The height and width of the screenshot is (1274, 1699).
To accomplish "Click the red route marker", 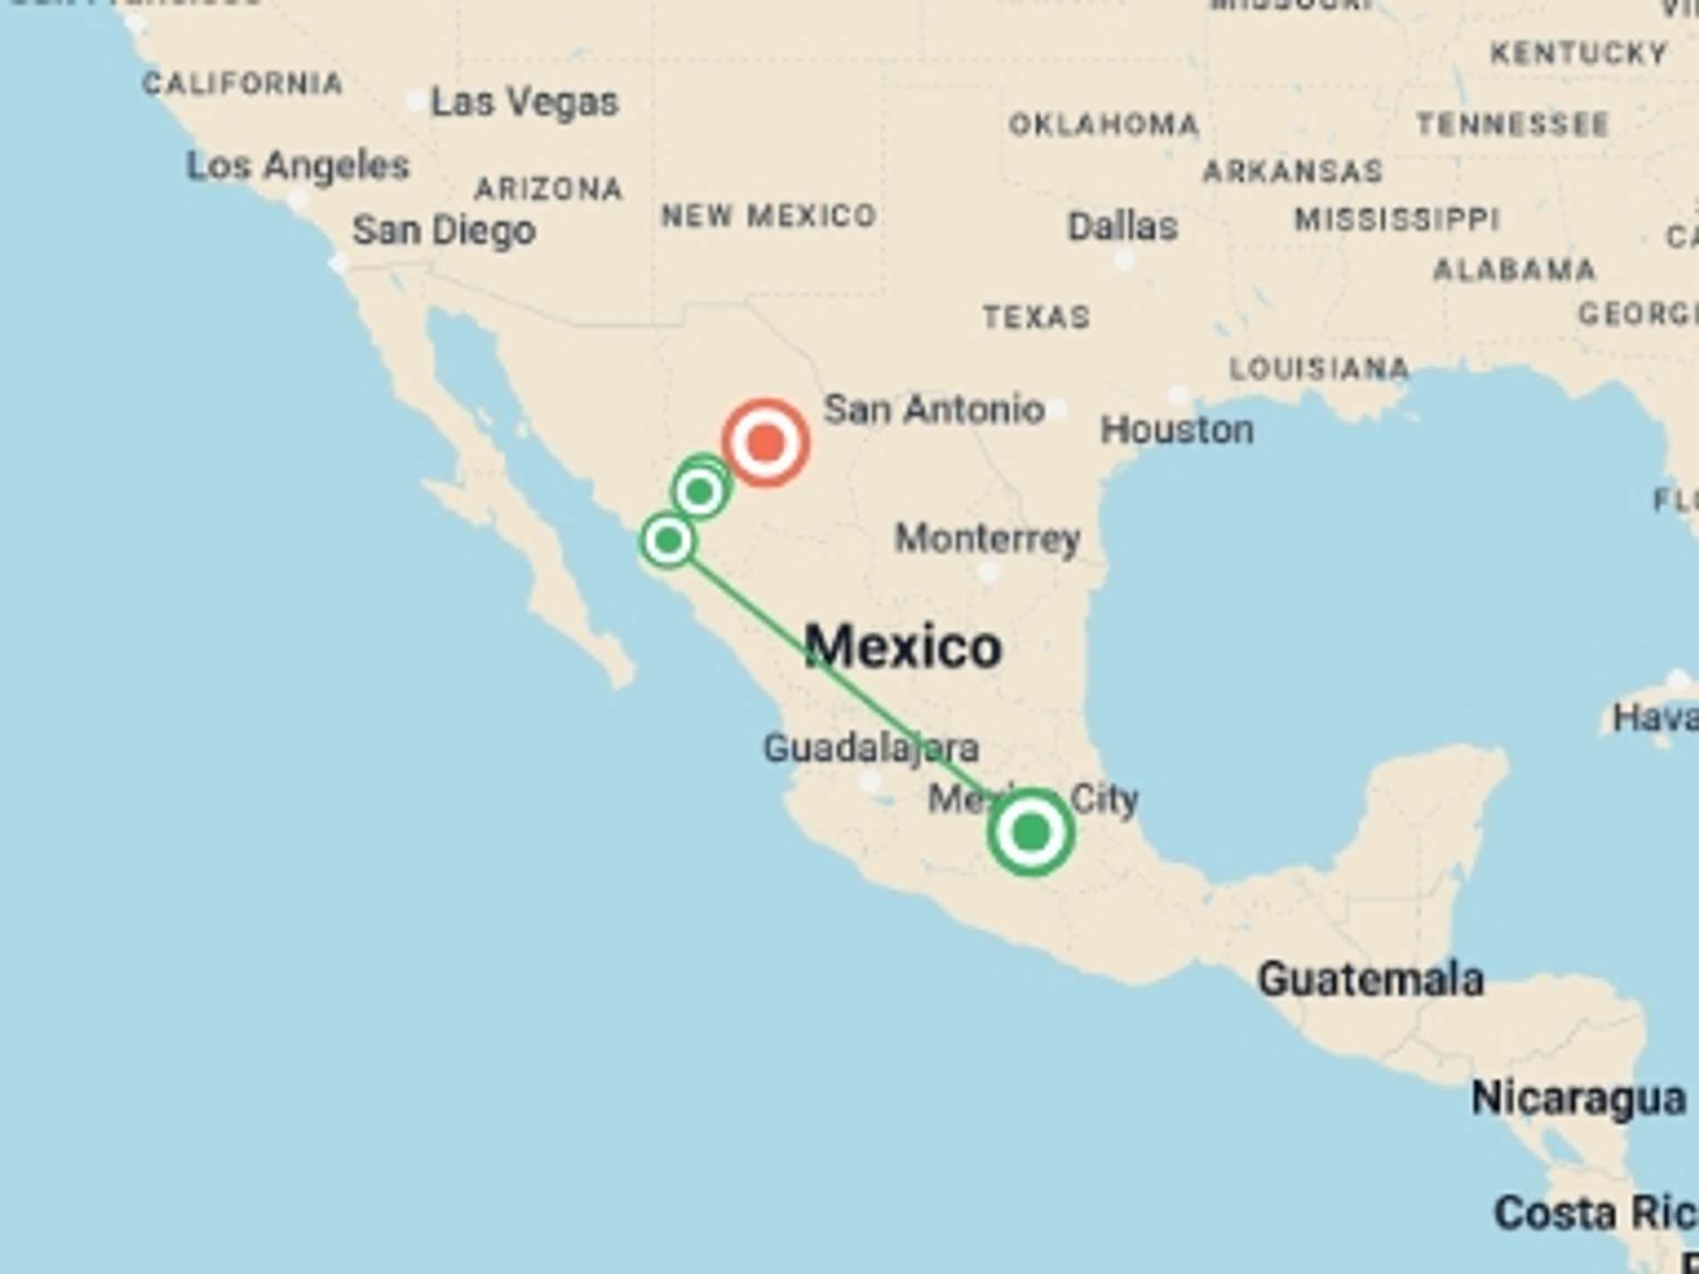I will point(765,442).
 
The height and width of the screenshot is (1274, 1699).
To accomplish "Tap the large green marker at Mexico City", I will point(1031,833).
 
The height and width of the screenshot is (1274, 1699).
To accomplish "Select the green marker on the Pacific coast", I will point(668,540).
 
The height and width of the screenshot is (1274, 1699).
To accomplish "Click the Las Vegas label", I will point(524,103).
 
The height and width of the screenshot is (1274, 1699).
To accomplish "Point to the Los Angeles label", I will point(297,166).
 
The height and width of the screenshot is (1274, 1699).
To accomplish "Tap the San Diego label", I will point(443,231).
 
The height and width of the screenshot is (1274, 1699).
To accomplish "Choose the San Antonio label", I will point(934,410).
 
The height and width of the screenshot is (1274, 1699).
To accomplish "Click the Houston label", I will point(1176,430).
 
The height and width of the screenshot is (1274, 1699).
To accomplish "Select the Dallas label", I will point(1122,226).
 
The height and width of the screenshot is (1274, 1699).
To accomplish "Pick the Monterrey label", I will point(988,538).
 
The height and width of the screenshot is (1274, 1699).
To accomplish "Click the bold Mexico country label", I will point(903,647).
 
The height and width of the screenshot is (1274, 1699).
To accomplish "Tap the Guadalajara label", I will point(871,748).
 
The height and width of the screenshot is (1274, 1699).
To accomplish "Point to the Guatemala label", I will point(1370,979).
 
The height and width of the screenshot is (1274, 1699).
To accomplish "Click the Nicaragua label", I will point(1578,1098).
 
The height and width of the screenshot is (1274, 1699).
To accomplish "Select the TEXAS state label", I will point(1036,317).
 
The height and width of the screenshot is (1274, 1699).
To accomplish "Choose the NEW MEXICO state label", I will point(768,215).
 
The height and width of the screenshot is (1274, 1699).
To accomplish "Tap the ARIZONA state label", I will point(549,188).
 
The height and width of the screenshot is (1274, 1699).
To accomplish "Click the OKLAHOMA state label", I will point(1103,125).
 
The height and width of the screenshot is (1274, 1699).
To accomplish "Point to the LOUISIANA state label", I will point(1318,368).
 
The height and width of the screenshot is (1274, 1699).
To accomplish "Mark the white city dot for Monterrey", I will point(988,572).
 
